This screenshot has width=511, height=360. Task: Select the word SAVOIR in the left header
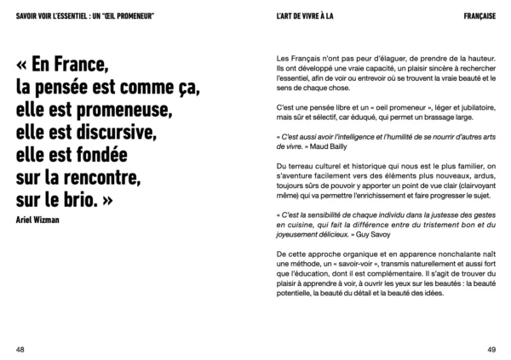[x=17, y=15]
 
